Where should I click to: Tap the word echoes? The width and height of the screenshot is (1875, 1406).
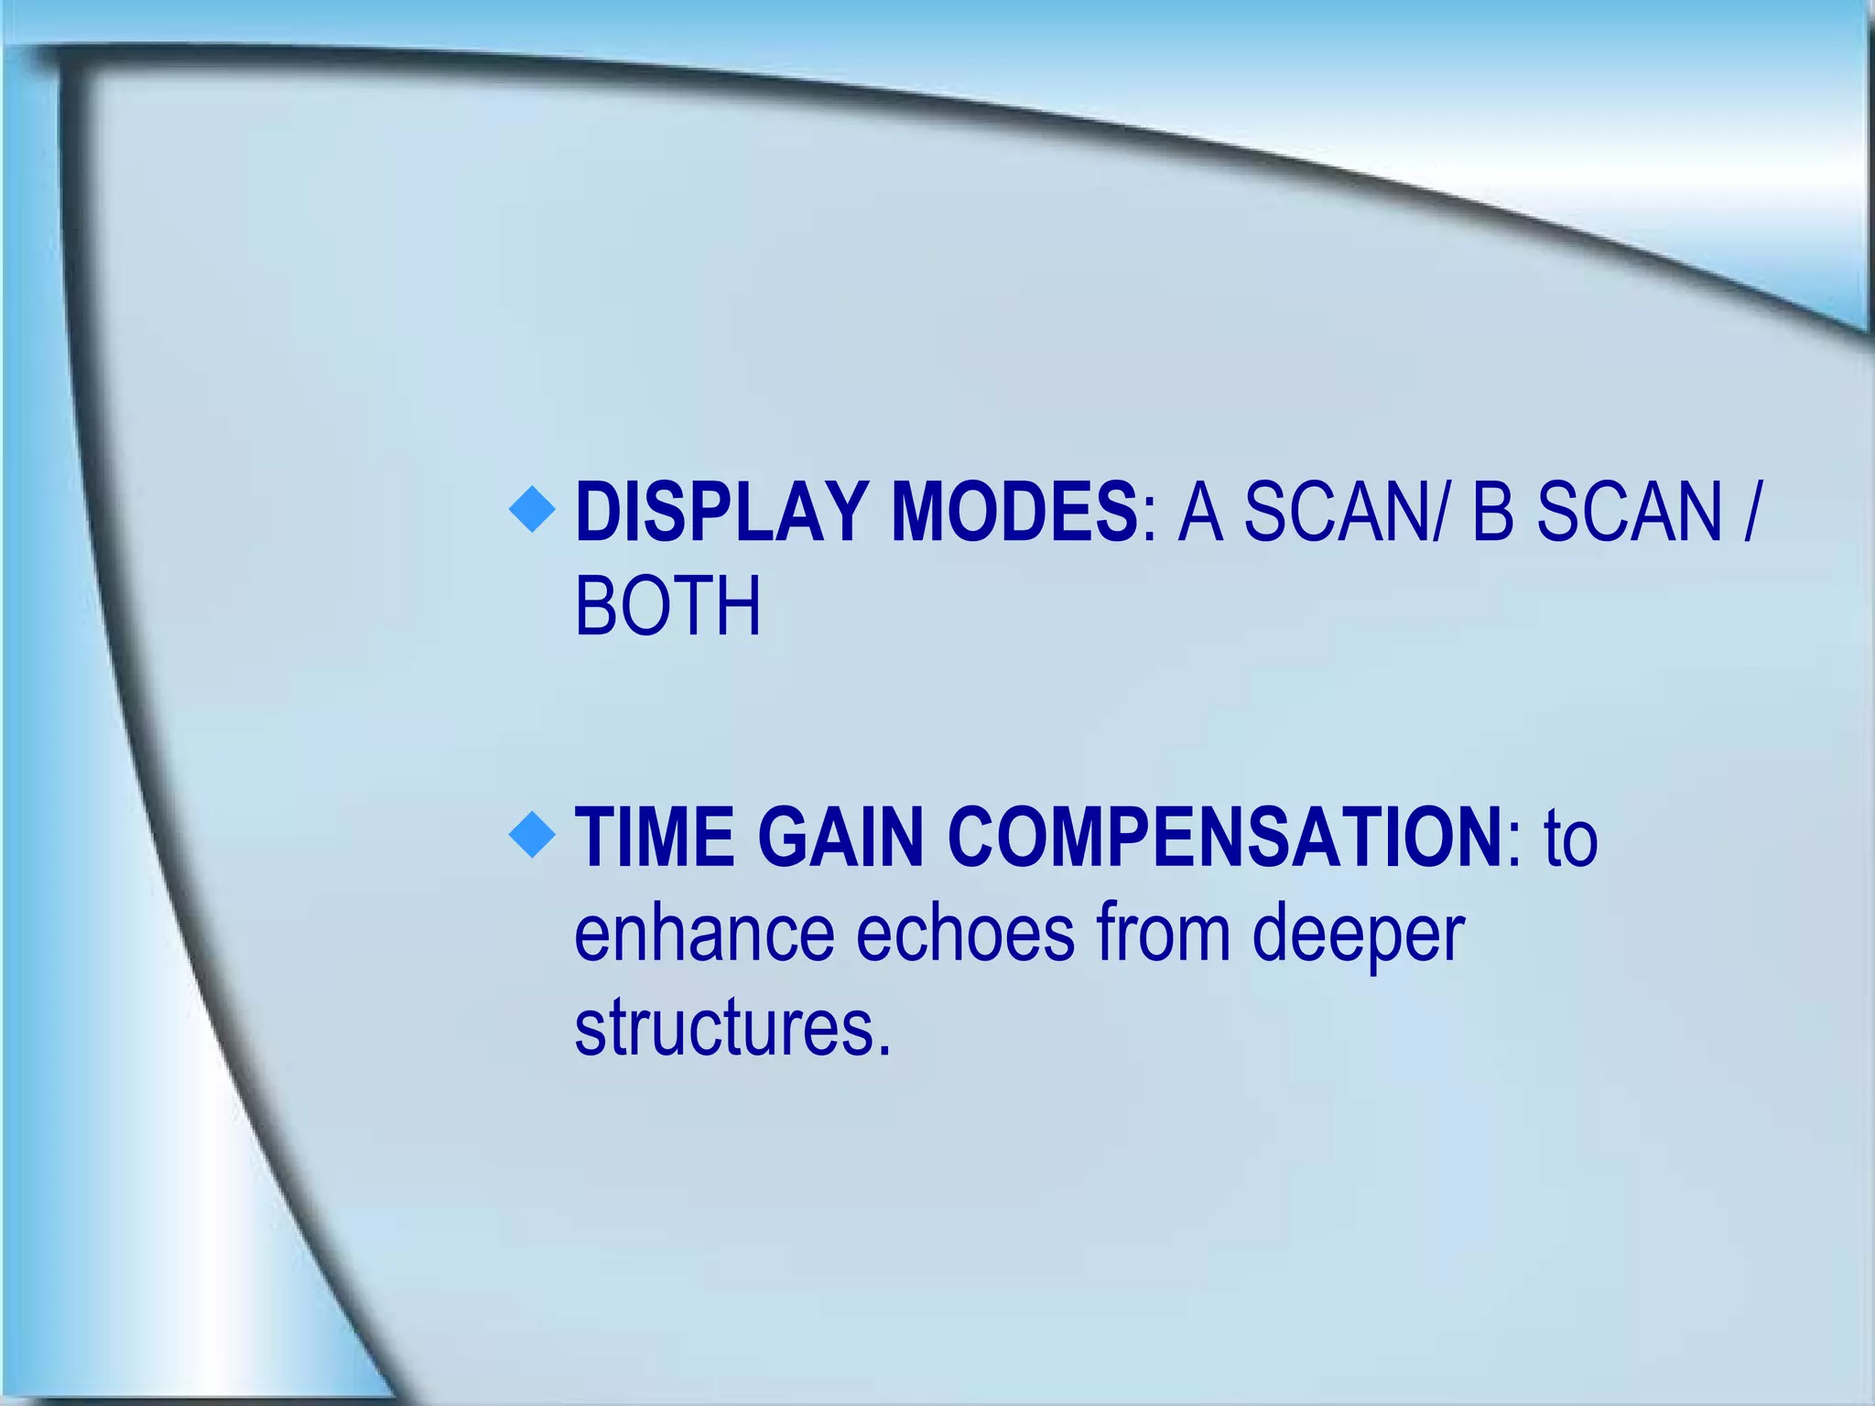coord(965,934)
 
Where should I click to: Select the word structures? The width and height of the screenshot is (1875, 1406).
coord(722,1029)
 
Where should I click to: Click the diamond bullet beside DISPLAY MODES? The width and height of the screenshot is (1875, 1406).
coord(532,509)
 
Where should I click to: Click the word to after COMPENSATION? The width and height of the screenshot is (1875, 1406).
coord(1570,839)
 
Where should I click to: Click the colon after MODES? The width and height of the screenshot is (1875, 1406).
coord(1150,523)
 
